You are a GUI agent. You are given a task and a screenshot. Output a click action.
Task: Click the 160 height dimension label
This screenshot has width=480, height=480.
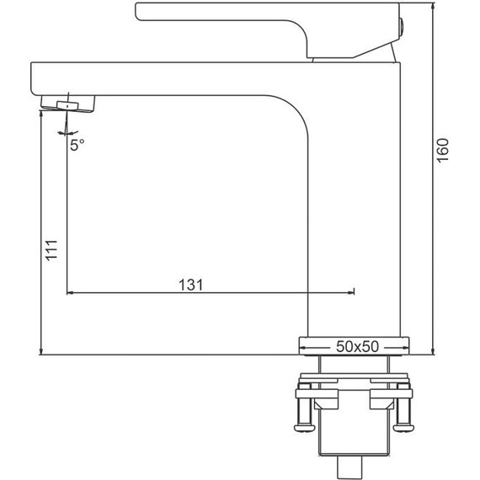443,151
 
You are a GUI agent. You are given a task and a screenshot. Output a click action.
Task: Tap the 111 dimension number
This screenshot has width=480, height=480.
51,250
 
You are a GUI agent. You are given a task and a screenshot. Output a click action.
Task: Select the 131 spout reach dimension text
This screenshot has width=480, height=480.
190,285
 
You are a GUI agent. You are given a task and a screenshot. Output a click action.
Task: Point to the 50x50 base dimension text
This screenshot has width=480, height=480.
357,347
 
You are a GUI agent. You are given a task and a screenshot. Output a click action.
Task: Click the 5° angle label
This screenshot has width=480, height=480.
77,145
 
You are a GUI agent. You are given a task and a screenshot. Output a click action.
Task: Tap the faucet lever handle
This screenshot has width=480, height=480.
268,30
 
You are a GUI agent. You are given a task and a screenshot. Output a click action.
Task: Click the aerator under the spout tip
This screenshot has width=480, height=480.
68,104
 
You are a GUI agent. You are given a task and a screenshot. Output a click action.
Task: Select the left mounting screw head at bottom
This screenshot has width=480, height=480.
305,428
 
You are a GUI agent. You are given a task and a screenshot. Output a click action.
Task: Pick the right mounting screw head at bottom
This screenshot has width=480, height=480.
403,428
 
